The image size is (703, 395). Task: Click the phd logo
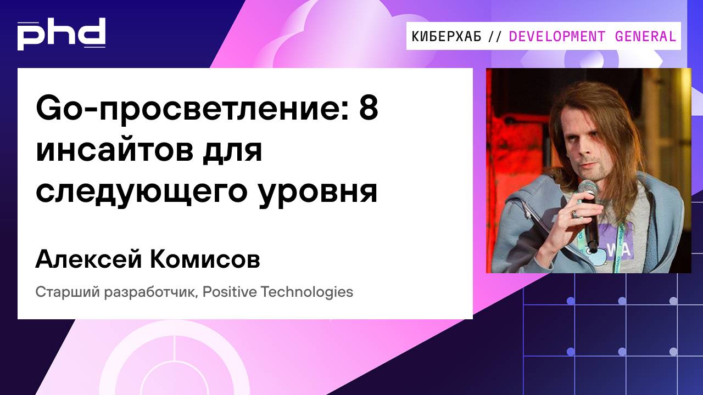[61, 35]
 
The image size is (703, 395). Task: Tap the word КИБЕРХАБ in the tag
[447, 37]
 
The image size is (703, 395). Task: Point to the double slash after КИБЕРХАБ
[494, 37]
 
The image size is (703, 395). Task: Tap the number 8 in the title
[369, 110]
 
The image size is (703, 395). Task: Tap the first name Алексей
[86, 260]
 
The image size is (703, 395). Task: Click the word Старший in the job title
[57, 292]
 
